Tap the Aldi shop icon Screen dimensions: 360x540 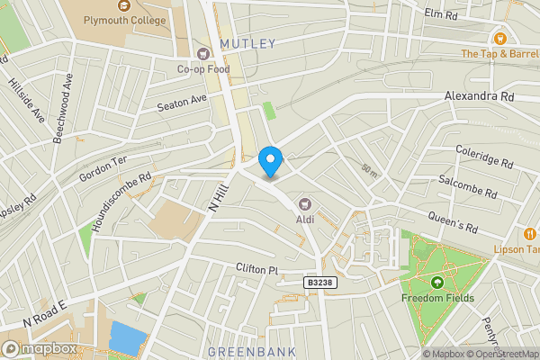tap(305, 202)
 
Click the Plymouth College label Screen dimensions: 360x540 tap(125, 20)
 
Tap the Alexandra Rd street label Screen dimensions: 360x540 tap(479, 95)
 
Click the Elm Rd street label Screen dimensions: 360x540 tap(441, 14)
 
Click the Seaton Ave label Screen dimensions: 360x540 tap(182, 103)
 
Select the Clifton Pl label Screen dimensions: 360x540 tap(240, 267)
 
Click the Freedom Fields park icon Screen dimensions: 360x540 tap(437, 282)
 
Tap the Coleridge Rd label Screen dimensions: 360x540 tap(483, 157)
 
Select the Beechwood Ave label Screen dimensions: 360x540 tap(64, 103)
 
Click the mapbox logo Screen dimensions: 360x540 tap(40, 348)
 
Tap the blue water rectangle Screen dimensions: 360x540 tap(126, 338)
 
